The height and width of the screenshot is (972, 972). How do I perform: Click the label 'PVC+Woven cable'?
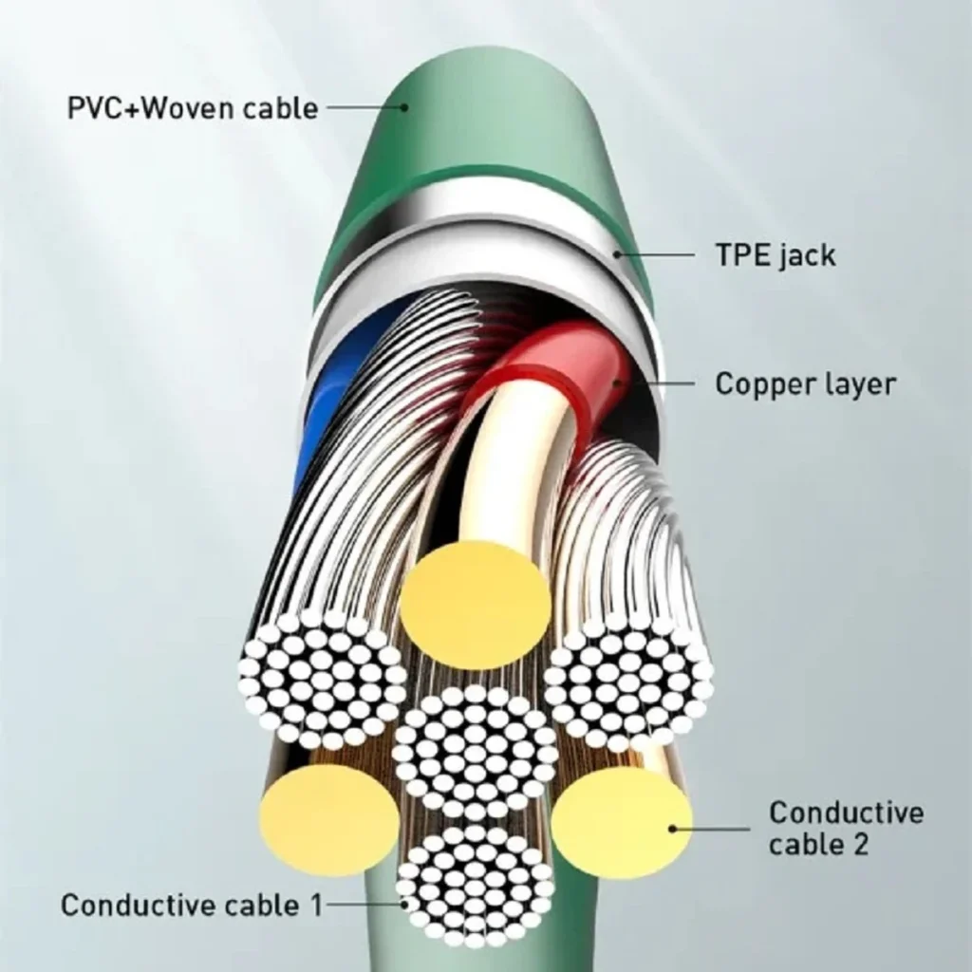192,108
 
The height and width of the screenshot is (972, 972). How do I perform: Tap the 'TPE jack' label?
776,254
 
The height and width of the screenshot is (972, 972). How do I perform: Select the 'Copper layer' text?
805,383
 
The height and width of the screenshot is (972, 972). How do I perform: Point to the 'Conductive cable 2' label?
846,828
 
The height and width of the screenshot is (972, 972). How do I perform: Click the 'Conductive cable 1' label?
192,905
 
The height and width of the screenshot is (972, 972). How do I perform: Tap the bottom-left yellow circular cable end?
329,819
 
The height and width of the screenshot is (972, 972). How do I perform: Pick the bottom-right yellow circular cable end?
621,821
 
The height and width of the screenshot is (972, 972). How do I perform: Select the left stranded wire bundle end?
323,680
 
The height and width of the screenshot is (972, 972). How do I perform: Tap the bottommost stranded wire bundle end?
476,888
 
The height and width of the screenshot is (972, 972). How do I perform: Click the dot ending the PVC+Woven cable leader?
404,108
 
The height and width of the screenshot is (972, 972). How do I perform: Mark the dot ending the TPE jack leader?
617,254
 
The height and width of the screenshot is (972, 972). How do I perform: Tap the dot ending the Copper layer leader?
617,383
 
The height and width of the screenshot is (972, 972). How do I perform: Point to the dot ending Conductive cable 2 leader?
672,828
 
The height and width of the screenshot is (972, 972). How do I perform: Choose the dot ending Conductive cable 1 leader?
405,905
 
